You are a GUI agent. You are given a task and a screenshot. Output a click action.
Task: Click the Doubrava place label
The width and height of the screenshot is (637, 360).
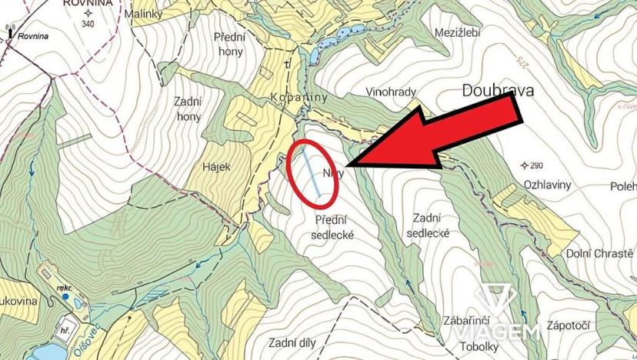(499, 91)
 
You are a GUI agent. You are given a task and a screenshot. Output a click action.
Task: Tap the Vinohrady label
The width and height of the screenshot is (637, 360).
(391, 92)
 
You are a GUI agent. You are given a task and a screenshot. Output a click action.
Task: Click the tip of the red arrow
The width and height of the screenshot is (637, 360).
(348, 165)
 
